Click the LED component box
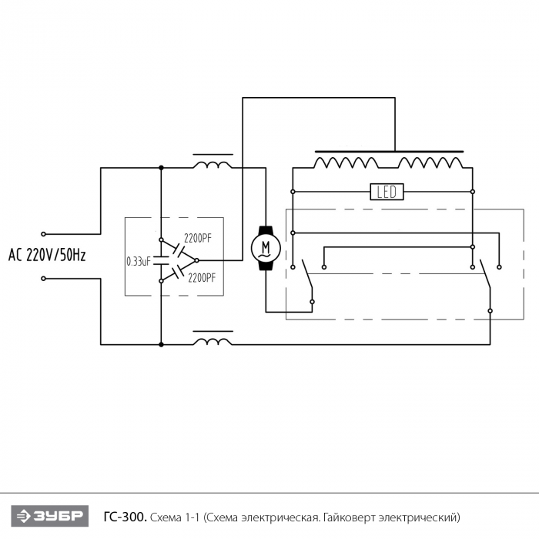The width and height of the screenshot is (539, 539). coord(387,192)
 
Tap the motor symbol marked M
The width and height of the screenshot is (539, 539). coord(266,248)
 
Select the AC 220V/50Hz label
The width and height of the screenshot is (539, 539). coord(47,255)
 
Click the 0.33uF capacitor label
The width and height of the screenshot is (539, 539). coord(139,262)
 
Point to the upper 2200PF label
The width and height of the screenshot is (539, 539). coord(198,238)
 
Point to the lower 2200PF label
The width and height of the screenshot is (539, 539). coord(202,277)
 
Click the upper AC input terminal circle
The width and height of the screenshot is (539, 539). coord(43,234)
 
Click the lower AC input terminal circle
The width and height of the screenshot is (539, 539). coord(43,279)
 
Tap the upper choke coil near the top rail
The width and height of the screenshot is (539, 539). coord(213,165)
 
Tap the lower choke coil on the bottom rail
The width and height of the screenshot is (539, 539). coord(213,341)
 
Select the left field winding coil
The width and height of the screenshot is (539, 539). coord(346,162)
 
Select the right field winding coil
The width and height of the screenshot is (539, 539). coord(430,162)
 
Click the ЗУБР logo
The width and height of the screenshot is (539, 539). coord(50,516)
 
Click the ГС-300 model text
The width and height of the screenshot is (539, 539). coord(125,517)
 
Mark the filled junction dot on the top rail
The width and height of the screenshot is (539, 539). coord(161,168)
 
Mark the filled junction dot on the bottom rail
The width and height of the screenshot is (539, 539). coord(161,344)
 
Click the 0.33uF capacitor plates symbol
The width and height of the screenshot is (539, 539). coord(161,260)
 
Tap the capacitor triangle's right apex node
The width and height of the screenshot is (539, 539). coord(196,260)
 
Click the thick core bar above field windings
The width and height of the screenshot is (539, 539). coord(389,151)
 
